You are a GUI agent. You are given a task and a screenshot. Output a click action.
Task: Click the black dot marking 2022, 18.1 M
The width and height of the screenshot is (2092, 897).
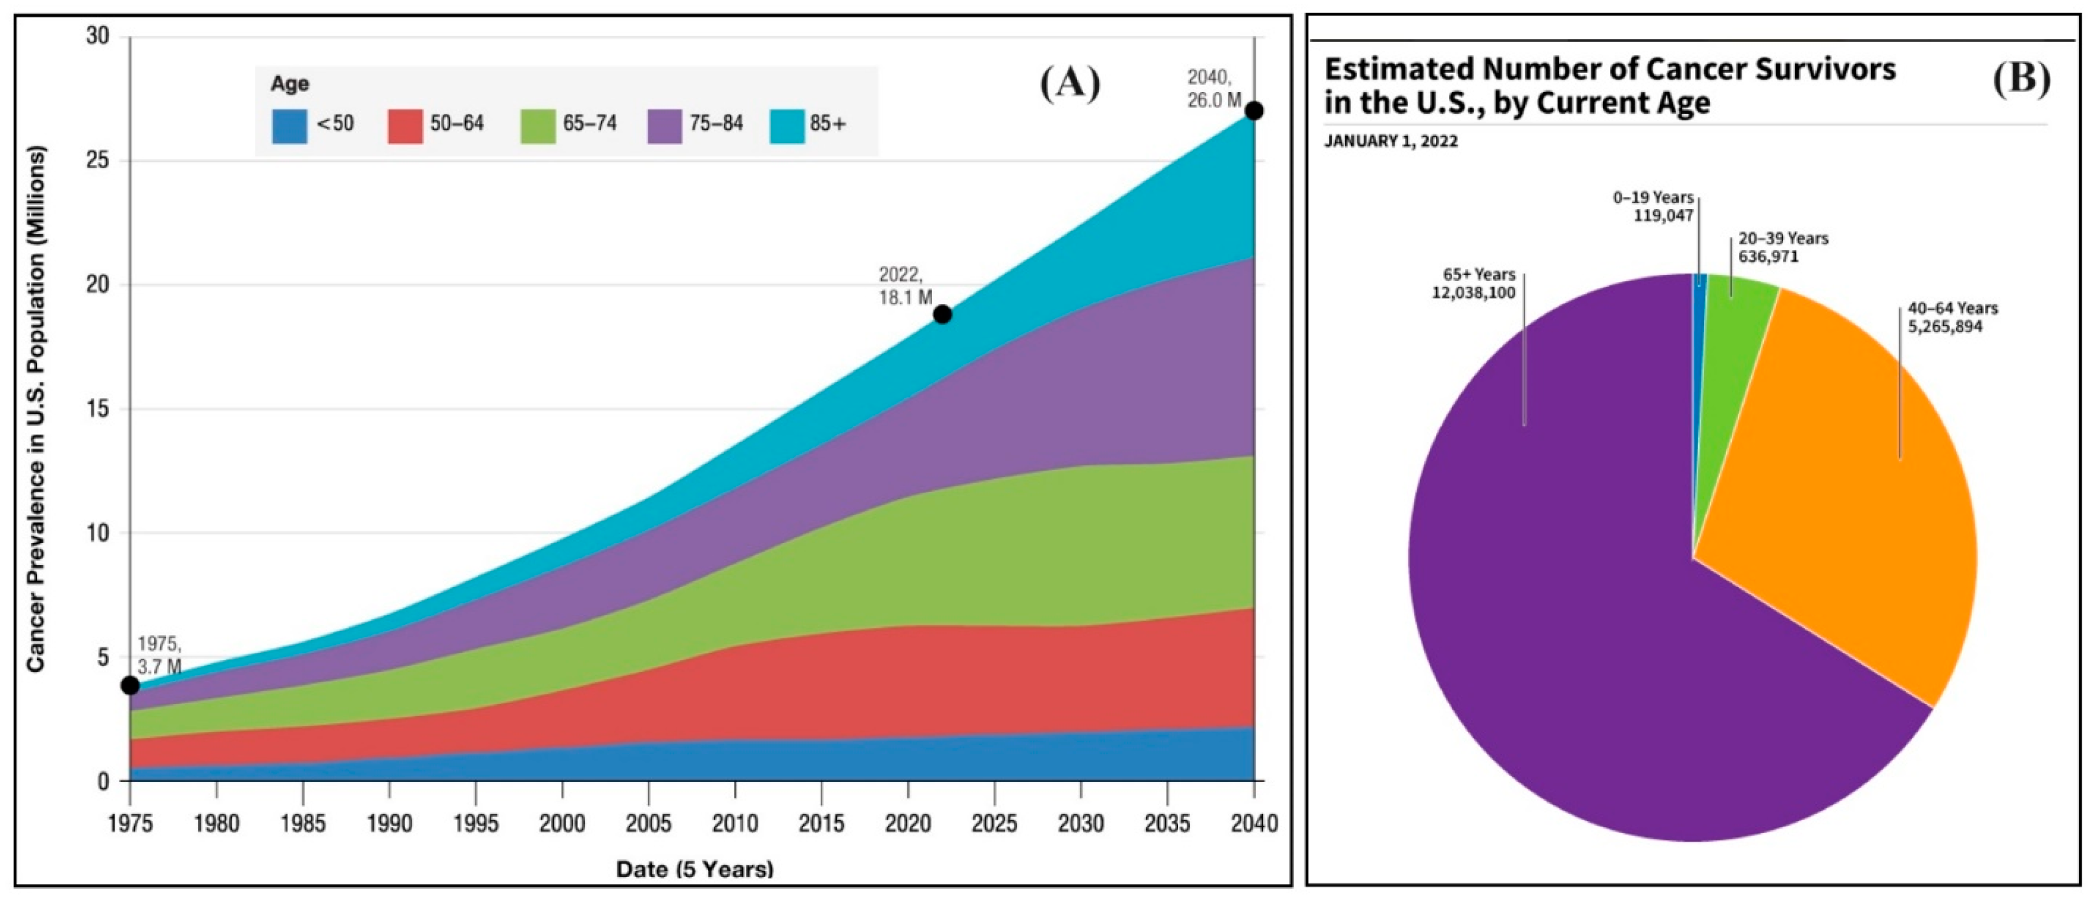pos(942,314)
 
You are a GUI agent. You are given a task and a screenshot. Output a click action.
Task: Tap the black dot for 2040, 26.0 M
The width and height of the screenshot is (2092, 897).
pos(1254,111)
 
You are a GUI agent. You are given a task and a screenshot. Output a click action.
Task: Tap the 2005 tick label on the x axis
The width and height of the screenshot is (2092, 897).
pos(648,824)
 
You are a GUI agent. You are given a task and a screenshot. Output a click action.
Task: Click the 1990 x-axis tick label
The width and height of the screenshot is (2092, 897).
pos(389,824)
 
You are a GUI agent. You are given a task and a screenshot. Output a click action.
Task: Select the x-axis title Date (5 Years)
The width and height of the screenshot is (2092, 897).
pos(694,869)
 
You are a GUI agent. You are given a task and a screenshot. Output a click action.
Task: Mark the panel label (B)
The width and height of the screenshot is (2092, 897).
pos(2021,79)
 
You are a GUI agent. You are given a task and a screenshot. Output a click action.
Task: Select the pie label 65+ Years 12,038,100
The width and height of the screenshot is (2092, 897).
pos(1473,284)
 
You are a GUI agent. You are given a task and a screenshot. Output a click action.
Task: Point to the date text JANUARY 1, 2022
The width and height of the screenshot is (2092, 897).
pos(1391,141)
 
